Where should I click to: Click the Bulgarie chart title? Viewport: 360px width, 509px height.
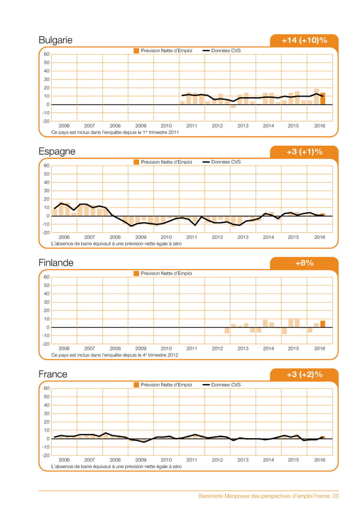pos(55,40)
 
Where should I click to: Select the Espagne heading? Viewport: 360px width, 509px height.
pos(56,151)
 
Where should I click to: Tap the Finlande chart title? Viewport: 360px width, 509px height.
pos(56,263)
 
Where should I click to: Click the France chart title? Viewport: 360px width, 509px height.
pos(53,374)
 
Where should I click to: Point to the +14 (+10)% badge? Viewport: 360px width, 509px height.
pos(304,40)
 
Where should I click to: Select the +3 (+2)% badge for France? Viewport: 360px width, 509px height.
pos(304,375)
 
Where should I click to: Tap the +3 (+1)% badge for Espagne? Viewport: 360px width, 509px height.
pos(304,152)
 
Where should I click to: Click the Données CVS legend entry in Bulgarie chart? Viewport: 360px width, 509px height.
pos(222,50)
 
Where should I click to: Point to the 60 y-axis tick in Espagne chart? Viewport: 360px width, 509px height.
pos(46,166)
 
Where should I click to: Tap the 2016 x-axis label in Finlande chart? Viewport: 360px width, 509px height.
pos(319,348)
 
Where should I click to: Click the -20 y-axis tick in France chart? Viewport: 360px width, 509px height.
pos(45,455)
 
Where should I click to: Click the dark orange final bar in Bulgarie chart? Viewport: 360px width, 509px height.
pos(323,98)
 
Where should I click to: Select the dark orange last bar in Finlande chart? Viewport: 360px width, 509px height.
pos(323,324)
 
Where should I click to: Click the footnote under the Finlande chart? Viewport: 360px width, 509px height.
pos(115,355)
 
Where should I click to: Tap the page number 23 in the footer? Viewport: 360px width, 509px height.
pos(335,496)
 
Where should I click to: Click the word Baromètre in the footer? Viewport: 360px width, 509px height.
pos(213,496)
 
